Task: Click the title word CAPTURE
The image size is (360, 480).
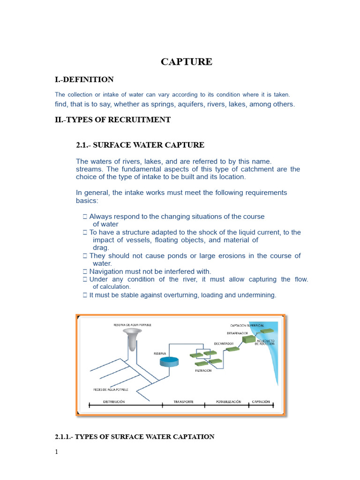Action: (x=187, y=62)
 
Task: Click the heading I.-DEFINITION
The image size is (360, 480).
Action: (x=84, y=80)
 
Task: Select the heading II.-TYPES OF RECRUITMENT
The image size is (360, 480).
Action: (x=112, y=120)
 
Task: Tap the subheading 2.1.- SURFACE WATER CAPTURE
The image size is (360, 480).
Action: (x=140, y=145)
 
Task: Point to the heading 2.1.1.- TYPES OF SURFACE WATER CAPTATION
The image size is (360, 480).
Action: (x=135, y=436)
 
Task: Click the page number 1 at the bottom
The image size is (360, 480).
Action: (x=57, y=452)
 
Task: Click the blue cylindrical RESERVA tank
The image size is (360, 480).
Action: (x=169, y=362)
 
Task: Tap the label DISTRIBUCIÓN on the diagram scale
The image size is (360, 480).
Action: (x=114, y=402)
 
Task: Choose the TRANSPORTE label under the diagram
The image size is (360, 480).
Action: (x=183, y=402)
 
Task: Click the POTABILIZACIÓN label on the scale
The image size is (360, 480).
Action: (x=228, y=402)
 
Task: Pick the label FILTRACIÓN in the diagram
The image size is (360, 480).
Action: (x=203, y=370)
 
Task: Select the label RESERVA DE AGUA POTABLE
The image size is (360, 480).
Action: (x=133, y=324)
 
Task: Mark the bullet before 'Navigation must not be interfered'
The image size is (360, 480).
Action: (x=85, y=271)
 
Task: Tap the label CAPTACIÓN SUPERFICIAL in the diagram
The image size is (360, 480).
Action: (x=247, y=325)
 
